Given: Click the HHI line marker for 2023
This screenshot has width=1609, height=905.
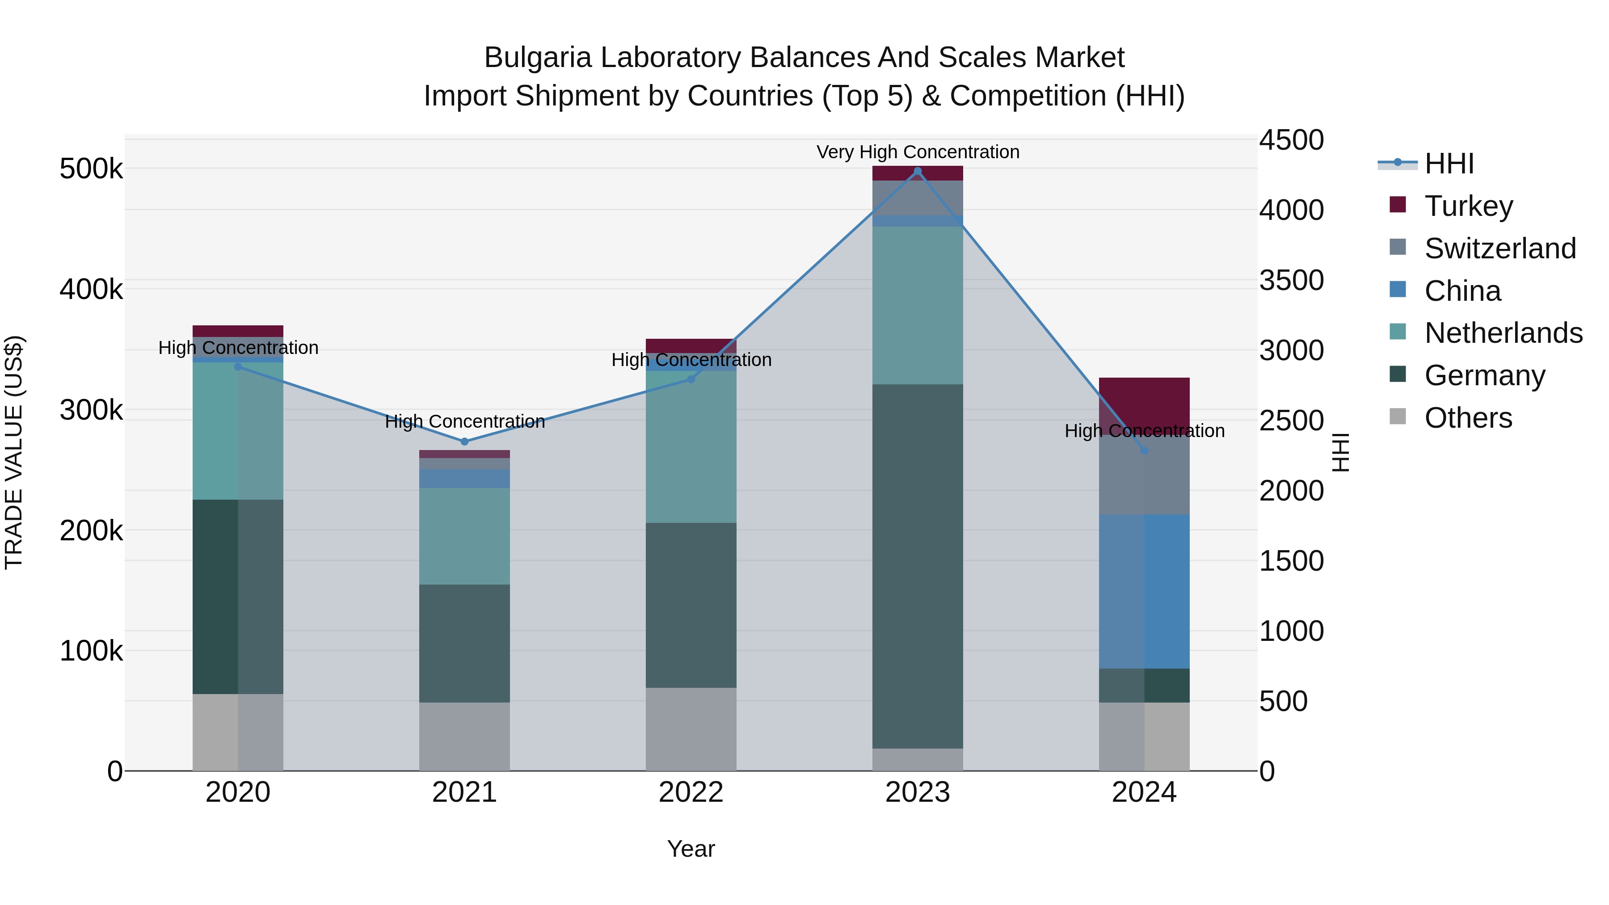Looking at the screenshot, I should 918,171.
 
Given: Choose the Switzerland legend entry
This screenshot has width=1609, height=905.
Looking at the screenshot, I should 1499,248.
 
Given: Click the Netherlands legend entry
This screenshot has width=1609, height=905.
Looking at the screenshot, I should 1503,333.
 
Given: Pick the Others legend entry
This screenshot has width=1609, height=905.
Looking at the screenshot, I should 1468,418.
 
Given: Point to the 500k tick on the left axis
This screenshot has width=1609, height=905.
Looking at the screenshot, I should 91,168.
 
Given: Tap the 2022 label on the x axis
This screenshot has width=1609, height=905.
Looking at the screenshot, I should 691,792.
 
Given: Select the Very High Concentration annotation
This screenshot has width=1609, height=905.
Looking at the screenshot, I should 918,152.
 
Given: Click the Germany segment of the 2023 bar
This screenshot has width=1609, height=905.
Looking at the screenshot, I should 918,565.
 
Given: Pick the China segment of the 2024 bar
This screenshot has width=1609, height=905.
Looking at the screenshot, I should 1144,591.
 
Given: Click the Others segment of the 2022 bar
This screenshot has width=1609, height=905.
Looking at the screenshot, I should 691,729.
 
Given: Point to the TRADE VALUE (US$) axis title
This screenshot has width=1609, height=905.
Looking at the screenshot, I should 14,452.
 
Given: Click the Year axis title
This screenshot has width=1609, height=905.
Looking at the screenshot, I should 691,849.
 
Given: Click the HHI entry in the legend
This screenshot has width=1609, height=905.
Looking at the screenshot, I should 1449,164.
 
